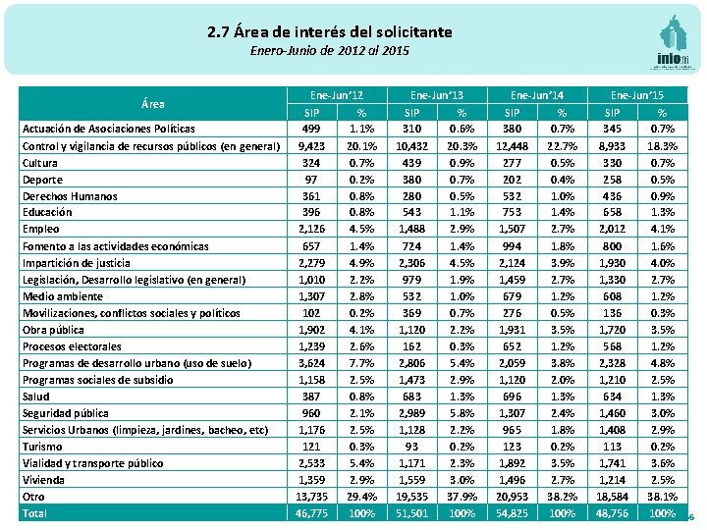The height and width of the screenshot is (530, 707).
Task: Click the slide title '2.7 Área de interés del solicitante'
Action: coord(330,32)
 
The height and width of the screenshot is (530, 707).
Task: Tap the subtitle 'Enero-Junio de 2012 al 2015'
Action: coord(330,50)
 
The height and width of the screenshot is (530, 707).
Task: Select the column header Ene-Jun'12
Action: coord(337,95)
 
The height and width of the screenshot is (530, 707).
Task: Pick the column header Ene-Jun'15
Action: coord(637,95)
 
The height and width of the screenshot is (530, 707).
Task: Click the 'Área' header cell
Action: coord(152,103)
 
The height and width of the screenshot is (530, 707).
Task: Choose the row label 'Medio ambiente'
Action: coord(63,296)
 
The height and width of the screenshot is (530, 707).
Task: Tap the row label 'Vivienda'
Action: coord(44,480)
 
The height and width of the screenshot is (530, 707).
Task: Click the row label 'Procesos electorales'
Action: coord(74,346)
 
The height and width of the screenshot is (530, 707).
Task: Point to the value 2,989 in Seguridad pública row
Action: coord(411,413)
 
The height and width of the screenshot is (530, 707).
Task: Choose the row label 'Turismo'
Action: coord(42,447)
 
